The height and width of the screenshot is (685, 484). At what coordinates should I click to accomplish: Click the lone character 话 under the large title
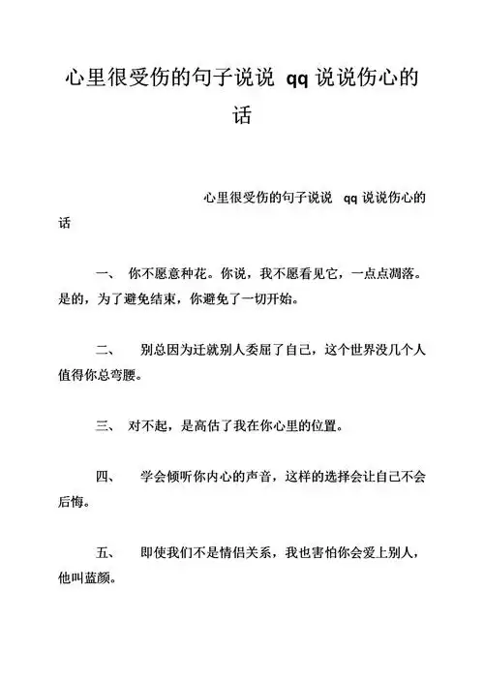coord(242,115)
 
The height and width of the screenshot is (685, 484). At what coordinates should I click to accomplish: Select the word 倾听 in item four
coord(182,478)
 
